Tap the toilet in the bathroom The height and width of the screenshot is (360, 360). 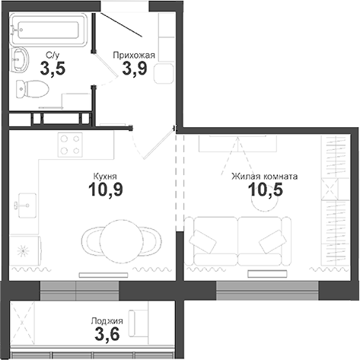(33, 88)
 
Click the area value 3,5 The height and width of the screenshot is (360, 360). (53, 69)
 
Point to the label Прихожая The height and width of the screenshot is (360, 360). (134, 55)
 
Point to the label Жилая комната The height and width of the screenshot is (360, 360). (265, 176)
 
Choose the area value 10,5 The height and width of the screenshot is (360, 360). (265, 190)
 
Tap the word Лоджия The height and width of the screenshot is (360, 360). (109, 321)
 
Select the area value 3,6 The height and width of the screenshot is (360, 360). (109, 335)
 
